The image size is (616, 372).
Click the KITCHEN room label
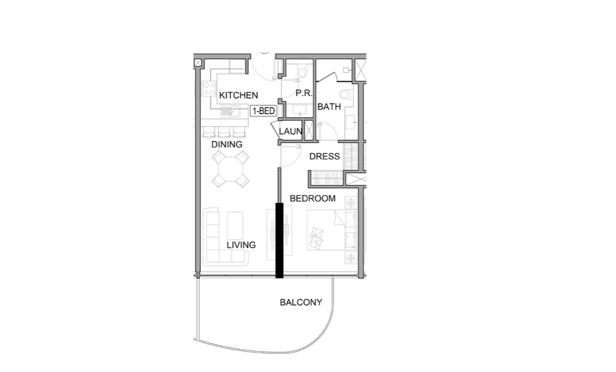point(238,95)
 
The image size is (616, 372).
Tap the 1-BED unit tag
point(264,111)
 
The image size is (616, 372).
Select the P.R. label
point(304,93)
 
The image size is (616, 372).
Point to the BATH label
point(329,107)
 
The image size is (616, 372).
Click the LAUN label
point(290,132)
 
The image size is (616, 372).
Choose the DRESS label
point(324,156)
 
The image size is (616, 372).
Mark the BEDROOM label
point(312,199)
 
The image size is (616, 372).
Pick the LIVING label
point(241,245)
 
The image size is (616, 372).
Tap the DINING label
point(227,144)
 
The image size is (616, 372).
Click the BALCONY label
point(301,302)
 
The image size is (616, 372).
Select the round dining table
point(231,168)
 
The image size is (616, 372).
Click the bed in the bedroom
point(331,230)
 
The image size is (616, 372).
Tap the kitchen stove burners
point(209,88)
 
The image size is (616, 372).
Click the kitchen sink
point(228,112)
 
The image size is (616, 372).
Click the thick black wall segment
point(279,240)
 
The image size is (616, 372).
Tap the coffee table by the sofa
point(235,223)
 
